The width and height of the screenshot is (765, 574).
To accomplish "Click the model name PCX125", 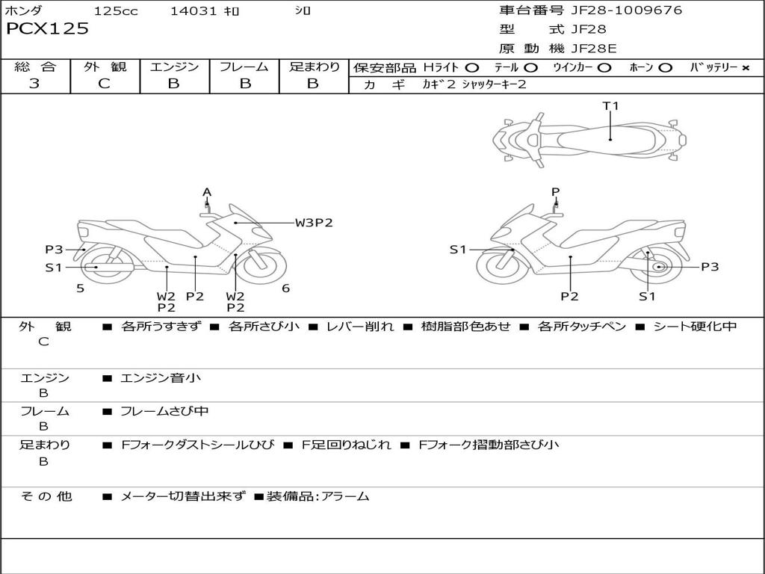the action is click(x=47, y=28).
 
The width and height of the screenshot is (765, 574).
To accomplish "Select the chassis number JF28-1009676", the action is click(x=627, y=10).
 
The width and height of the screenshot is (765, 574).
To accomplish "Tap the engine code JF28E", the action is click(x=594, y=49).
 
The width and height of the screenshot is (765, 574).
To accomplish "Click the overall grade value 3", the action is click(x=34, y=84).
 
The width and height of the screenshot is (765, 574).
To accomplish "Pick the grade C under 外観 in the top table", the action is click(x=104, y=84).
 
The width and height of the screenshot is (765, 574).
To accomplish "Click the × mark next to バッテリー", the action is click(x=746, y=68).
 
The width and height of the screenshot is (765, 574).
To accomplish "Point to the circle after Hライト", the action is click(x=472, y=68).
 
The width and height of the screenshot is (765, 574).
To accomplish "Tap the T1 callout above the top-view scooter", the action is click(x=610, y=105).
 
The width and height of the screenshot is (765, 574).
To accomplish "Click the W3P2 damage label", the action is click(x=314, y=223).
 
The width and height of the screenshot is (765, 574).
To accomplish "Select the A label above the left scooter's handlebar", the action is click(x=207, y=192).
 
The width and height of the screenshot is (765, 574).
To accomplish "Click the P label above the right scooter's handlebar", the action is click(x=555, y=192).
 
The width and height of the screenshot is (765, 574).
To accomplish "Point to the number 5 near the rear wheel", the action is click(x=81, y=288).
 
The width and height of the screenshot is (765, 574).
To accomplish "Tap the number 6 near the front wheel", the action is click(x=286, y=288).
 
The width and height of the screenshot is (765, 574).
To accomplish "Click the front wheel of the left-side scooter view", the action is click(x=264, y=266).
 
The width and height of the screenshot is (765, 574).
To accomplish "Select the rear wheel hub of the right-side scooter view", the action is click(x=659, y=267).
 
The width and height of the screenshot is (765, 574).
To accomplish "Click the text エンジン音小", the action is click(x=161, y=377).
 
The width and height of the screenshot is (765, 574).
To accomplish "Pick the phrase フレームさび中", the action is click(x=164, y=412).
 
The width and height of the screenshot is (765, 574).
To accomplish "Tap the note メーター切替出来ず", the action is click(x=183, y=496).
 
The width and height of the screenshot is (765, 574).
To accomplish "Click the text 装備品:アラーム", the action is click(x=318, y=496).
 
